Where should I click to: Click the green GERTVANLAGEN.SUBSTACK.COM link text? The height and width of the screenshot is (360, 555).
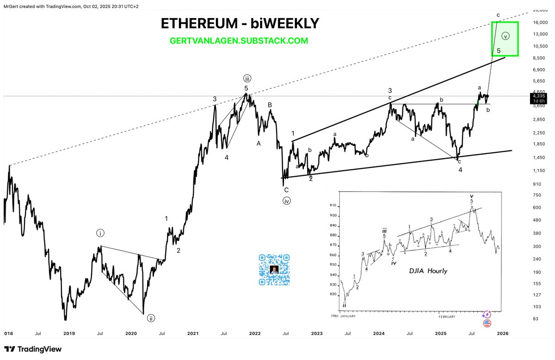tap(239, 41)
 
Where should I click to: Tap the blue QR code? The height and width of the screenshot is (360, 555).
tap(275, 270)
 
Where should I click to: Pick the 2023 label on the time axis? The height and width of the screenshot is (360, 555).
tap(317, 333)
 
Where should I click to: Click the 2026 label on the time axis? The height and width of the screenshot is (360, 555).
tap(503, 333)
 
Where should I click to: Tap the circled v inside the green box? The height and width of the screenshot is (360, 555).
tap(506, 36)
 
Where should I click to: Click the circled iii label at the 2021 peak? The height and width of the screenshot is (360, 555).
tap(247, 78)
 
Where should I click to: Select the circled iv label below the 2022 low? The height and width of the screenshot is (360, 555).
tap(287, 201)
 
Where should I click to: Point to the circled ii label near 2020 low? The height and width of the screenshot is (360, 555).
tap(151, 318)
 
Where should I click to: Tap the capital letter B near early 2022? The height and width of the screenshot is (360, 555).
tap(270, 105)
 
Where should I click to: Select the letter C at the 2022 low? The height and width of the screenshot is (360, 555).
tap(286, 190)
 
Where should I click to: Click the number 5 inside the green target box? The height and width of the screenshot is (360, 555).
tap(498, 50)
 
